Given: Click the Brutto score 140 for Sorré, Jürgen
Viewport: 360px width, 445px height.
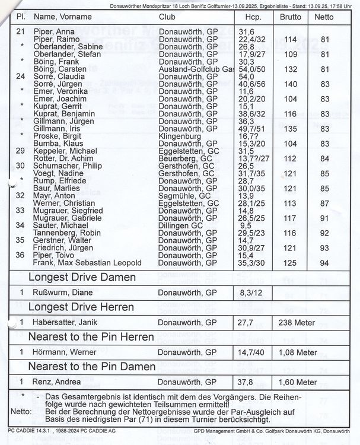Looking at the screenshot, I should [290, 84].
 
